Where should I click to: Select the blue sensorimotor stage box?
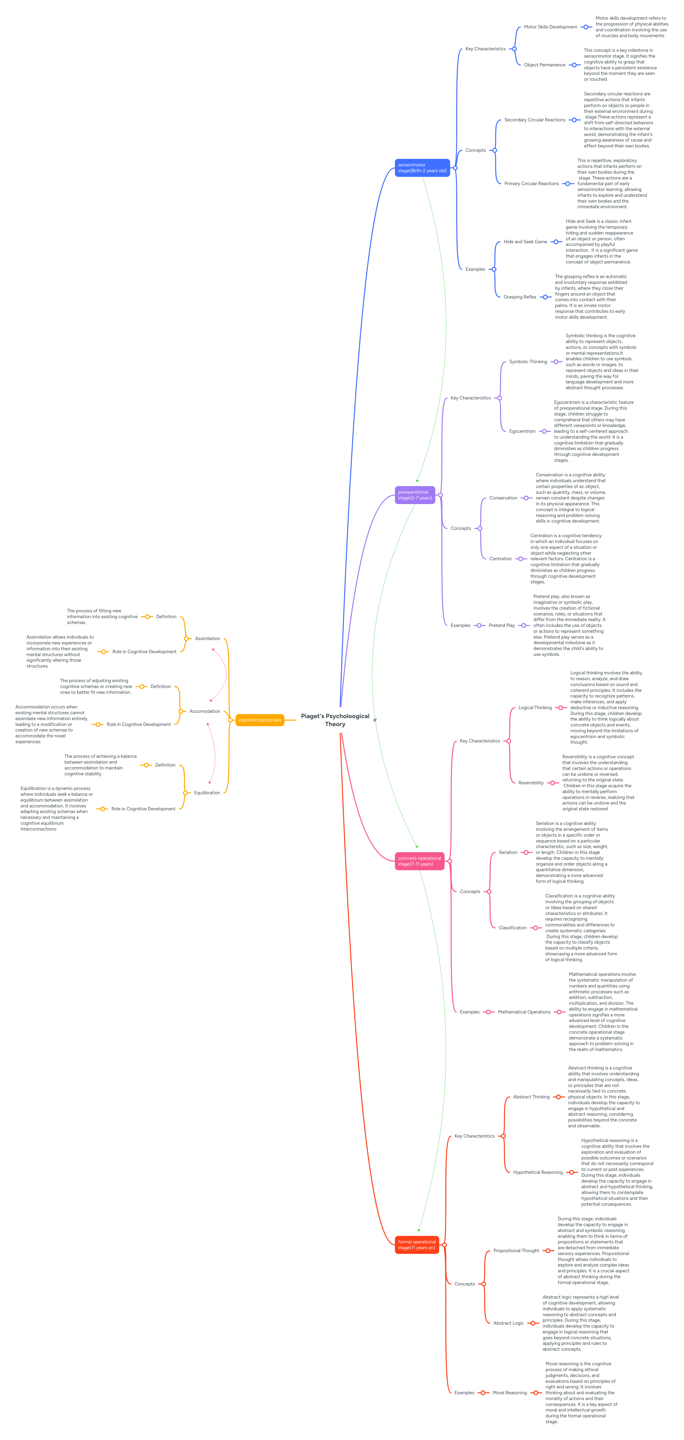pyautogui.click(x=422, y=168)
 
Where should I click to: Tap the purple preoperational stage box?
pyautogui.click(x=414, y=495)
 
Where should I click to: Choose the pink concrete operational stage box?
pyautogui.click(x=420, y=861)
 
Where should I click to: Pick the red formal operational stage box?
pyautogui.click(x=417, y=1244)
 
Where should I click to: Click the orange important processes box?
pyautogui.click(x=259, y=720)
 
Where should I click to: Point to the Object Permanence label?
pyautogui.click(x=544, y=65)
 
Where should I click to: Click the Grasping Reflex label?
pyautogui.click(x=520, y=297)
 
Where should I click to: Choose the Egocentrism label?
pyautogui.click(x=522, y=431)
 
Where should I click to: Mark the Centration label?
pyautogui.click(x=500, y=558)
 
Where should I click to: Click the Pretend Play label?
pyautogui.click(x=501, y=625)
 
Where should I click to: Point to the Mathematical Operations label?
pyautogui.click(x=523, y=1012)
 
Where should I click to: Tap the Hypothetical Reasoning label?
pyautogui.click(x=538, y=1172)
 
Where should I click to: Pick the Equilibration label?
pyautogui.click(x=207, y=793)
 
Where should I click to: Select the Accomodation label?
pyautogui.click(x=205, y=711)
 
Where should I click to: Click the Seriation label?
pyautogui.click(x=508, y=852)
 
